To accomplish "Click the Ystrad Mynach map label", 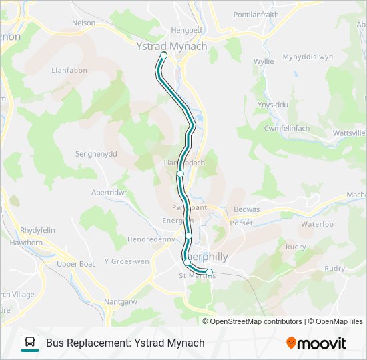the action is pyautogui.click(x=171, y=46).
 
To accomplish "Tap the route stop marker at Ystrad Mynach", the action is pyautogui.click(x=163, y=55).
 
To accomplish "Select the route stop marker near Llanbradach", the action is pyautogui.click(x=181, y=173).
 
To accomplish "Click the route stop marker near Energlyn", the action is pyautogui.click(x=189, y=235).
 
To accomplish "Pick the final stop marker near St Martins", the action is pyautogui.click(x=209, y=272).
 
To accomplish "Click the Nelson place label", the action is pyautogui.click(x=83, y=23).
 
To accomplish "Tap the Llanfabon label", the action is pyautogui.click(x=67, y=69).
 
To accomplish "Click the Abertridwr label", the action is pyautogui.click(x=109, y=192).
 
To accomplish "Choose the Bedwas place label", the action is pyautogui.click(x=246, y=209).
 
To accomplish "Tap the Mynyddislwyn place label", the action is pyautogui.click(x=308, y=57).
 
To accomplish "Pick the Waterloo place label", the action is pyautogui.click(x=317, y=224).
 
